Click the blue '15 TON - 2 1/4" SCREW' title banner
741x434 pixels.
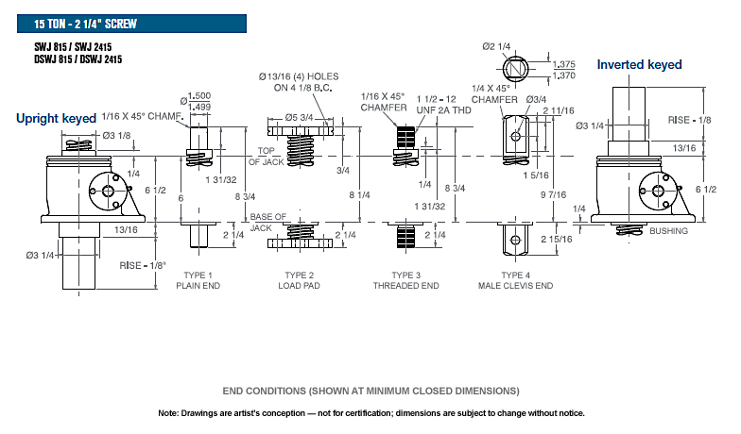132,24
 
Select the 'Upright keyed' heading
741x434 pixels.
57,119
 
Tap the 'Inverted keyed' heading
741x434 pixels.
639,64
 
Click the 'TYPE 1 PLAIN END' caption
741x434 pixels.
198,280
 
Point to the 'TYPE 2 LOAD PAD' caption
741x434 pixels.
299,280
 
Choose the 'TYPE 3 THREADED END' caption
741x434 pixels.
406,280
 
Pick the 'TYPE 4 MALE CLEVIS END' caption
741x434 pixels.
516,280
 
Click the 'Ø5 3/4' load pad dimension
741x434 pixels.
299,117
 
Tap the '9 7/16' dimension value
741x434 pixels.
554,194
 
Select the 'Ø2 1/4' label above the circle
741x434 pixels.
496,46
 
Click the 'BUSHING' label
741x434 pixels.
669,230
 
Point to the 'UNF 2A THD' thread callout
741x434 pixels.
444,109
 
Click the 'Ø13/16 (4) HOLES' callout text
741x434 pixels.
299,76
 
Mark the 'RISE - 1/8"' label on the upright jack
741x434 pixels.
143,266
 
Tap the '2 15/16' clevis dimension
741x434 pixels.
556,240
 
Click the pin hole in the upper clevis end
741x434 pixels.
516,137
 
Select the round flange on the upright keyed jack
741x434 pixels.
108,191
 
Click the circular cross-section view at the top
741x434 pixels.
516,70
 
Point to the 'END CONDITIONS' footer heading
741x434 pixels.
370,391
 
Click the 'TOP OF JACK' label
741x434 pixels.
267,157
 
